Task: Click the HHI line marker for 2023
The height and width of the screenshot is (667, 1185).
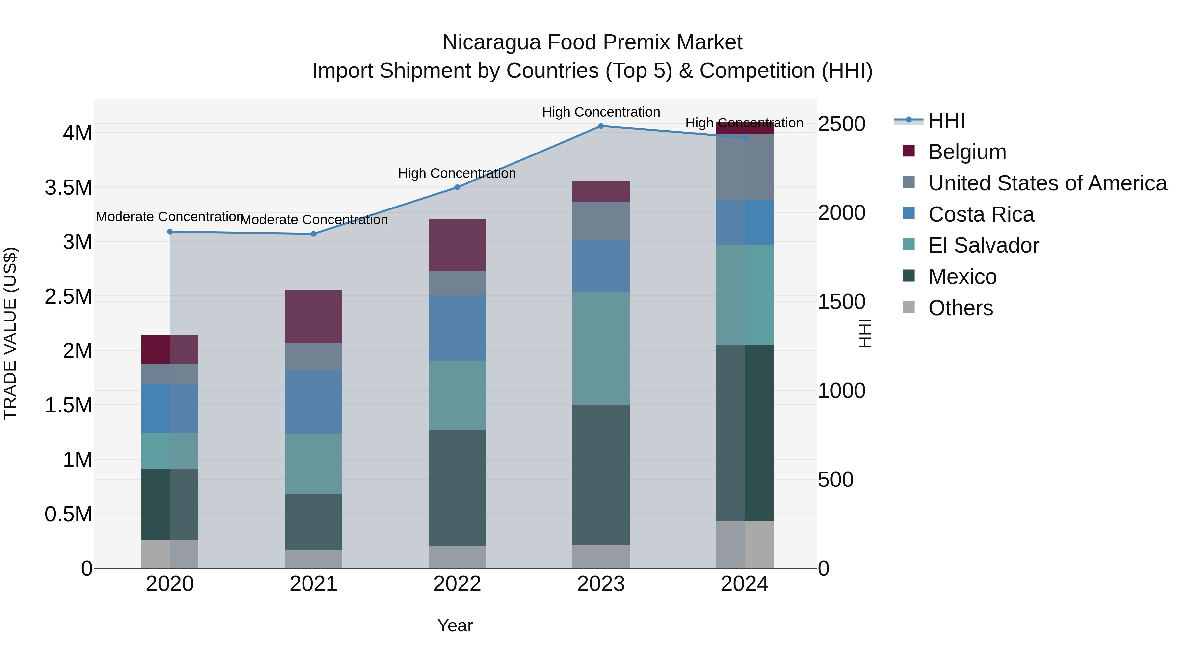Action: (x=601, y=126)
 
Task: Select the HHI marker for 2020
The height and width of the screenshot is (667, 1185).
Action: (x=170, y=232)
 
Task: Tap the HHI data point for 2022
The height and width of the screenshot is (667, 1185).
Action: (x=457, y=187)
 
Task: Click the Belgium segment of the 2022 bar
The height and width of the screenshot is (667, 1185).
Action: (x=457, y=245)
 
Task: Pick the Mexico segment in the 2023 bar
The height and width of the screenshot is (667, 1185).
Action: (x=601, y=475)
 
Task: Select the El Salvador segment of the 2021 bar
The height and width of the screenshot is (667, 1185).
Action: (x=313, y=463)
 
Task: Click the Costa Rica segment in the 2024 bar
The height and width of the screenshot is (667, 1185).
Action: (x=744, y=222)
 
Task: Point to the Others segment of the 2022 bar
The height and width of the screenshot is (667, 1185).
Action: (x=457, y=557)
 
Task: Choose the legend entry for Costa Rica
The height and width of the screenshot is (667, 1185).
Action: (x=981, y=214)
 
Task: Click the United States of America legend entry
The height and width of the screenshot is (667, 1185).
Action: (x=1047, y=183)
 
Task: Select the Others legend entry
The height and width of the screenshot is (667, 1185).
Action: (x=960, y=308)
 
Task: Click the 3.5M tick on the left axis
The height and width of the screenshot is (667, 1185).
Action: (x=68, y=188)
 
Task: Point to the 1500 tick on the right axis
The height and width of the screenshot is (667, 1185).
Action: (x=841, y=302)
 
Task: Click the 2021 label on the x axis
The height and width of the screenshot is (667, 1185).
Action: (x=313, y=584)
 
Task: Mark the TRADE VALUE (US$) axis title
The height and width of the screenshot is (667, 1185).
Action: (x=11, y=333)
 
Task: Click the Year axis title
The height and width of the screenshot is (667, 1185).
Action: (x=455, y=625)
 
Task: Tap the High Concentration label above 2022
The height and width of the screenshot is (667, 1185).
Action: (x=457, y=174)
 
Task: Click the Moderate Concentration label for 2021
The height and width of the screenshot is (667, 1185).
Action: (x=314, y=220)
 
